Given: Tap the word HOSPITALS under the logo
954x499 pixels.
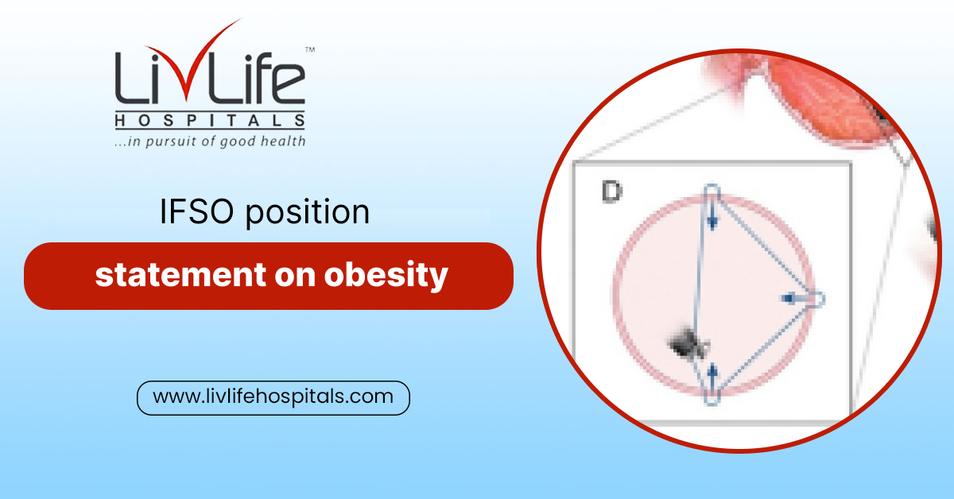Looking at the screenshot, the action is [x=210, y=121].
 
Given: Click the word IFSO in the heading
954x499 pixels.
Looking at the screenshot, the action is [x=197, y=211].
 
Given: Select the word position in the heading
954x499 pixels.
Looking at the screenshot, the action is [x=307, y=212].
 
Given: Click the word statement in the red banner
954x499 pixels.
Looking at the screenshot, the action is [x=180, y=275].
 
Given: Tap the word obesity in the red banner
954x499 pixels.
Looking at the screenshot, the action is [x=386, y=277].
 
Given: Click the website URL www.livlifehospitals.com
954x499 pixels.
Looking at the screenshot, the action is [x=273, y=396].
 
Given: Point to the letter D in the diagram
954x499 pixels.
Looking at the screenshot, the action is [x=611, y=191].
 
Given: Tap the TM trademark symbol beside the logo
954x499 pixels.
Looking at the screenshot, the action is [x=310, y=50].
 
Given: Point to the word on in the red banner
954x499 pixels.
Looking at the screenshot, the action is [x=296, y=276].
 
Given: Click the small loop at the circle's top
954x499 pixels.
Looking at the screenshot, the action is [x=712, y=192].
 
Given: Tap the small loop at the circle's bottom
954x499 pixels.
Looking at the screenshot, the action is [x=712, y=396].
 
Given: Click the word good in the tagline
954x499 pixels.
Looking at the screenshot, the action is [x=238, y=141].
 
